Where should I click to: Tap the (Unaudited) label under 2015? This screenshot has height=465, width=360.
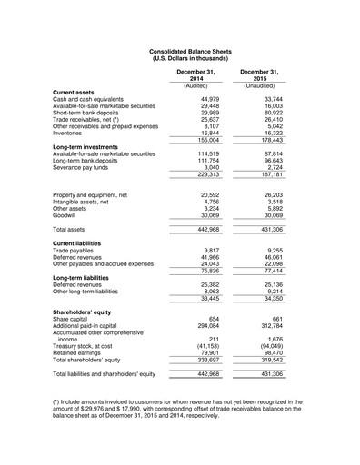coord(258,85)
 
